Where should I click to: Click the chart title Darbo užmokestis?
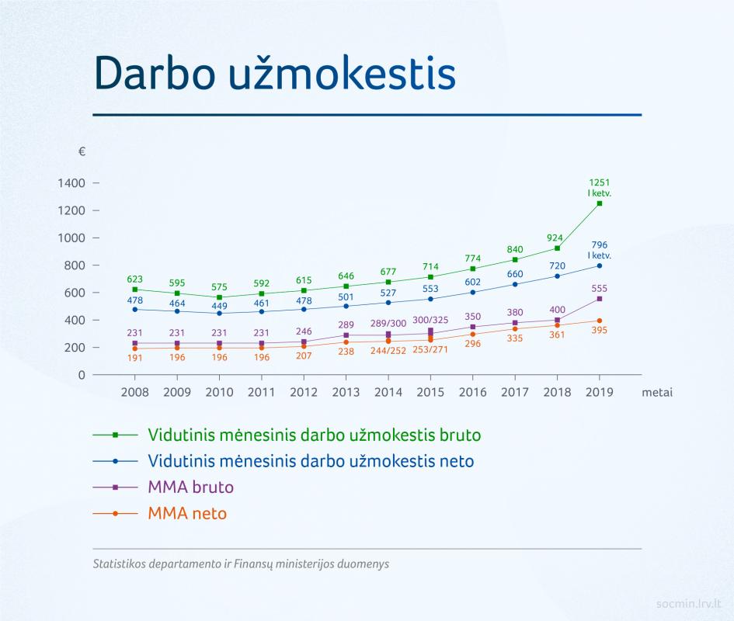(x=275, y=73)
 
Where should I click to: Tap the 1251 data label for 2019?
(x=599, y=182)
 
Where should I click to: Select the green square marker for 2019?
(x=600, y=203)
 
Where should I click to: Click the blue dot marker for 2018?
(x=557, y=276)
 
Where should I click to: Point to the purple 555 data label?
(x=599, y=288)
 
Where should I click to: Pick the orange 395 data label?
(x=599, y=331)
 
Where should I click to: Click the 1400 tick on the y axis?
(x=71, y=183)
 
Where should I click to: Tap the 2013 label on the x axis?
(x=346, y=392)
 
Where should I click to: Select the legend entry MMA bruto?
(x=190, y=487)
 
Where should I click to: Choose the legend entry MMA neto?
(x=187, y=513)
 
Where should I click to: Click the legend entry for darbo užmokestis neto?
(x=311, y=461)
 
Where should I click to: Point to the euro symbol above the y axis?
(x=82, y=151)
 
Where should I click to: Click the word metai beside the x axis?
(x=657, y=392)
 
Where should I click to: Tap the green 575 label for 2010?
(x=219, y=287)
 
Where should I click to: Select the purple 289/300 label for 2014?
(x=388, y=324)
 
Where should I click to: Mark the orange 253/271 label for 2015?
(x=430, y=349)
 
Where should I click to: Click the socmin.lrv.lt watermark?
(x=688, y=604)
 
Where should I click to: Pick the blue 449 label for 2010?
(x=219, y=306)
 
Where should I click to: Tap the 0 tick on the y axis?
(x=82, y=375)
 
